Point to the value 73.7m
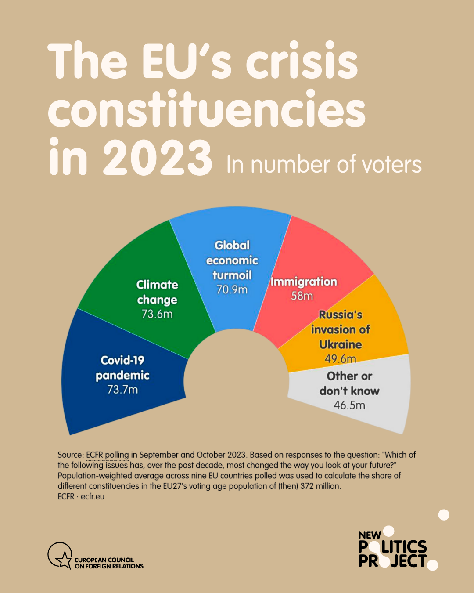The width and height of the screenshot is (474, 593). (x=122, y=390)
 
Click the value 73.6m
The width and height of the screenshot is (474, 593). (x=157, y=314)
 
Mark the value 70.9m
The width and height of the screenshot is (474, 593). (x=232, y=290)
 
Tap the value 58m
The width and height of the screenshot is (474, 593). (x=302, y=296)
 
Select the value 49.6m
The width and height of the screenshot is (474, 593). (x=340, y=359)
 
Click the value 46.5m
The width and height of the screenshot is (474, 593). (x=349, y=405)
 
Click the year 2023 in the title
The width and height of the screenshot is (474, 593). (x=157, y=157)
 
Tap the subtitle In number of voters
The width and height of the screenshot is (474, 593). (x=324, y=165)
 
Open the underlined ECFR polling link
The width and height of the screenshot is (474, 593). (x=108, y=455)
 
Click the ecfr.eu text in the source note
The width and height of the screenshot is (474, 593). (x=93, y=497)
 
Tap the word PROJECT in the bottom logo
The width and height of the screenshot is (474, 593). (x=392, y=561)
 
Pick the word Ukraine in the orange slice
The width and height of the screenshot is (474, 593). (x=340, y=344)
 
